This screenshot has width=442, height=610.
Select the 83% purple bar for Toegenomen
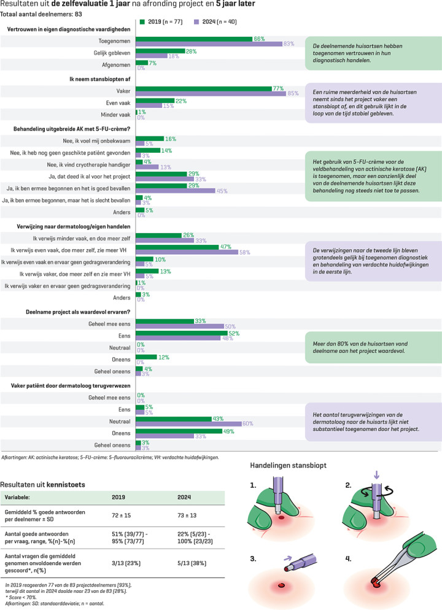(214, 44)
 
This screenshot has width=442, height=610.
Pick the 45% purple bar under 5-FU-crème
(176, 190)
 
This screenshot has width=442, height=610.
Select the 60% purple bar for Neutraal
(188, 423)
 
